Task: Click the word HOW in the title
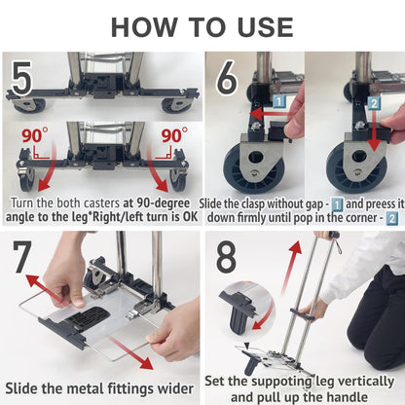tap(145, 27)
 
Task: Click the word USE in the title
tap(265, 27)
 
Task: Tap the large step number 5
tap(21, 79)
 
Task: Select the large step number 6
tap(227, 78)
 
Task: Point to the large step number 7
tap(22, 257)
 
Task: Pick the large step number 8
tap(226, 256)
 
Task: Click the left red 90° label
tap(35, 135)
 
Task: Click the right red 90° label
tap(174, 135)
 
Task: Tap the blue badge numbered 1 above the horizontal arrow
tap(278, 101)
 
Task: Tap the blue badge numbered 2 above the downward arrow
tap(374, 103)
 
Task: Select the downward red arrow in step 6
tap(374, 130)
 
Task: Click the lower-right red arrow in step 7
tap(131, 352)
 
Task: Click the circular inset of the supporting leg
tap(246, 310)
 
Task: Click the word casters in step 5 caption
tap(101, 203)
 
